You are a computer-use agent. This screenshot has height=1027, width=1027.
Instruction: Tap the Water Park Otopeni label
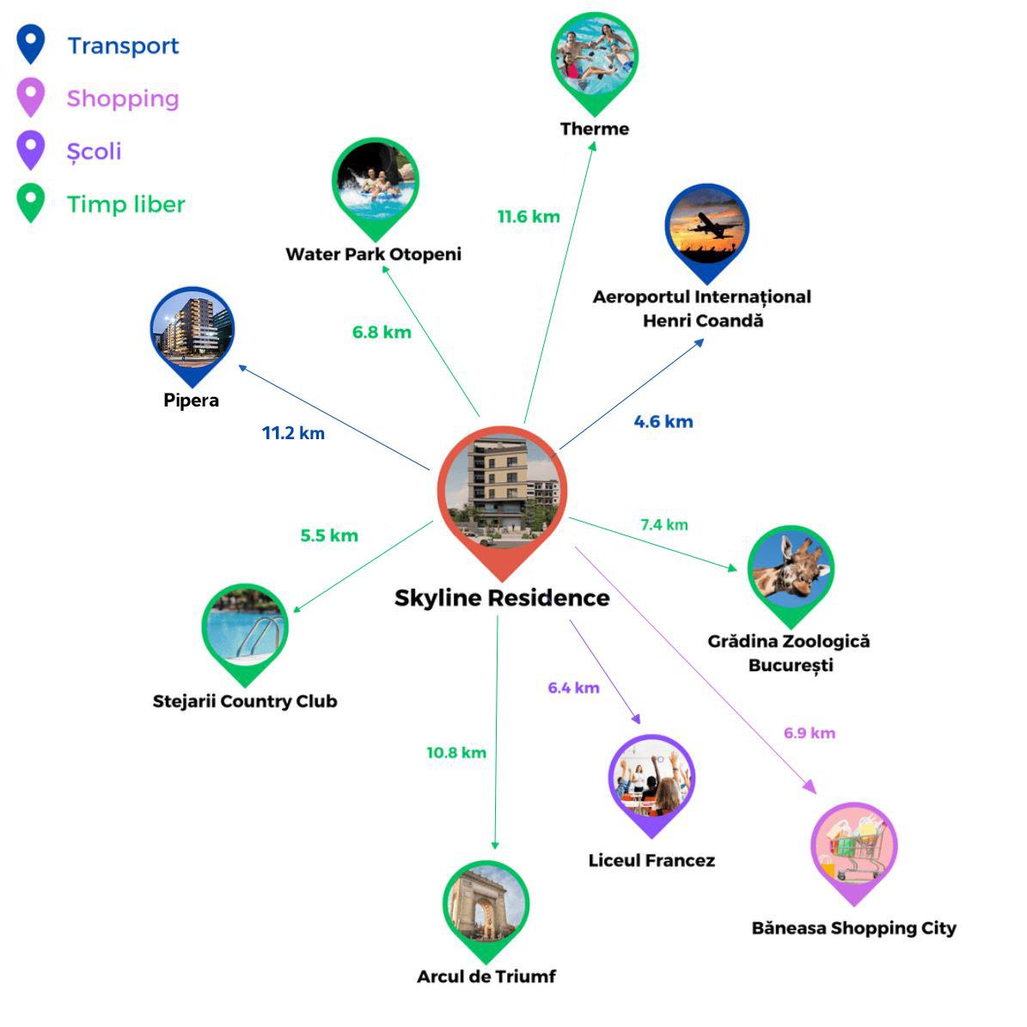373,254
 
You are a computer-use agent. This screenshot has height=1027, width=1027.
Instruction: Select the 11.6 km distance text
529,217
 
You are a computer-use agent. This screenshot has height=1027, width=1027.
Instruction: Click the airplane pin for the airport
706,228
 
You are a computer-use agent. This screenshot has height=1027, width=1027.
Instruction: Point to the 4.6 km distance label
663,422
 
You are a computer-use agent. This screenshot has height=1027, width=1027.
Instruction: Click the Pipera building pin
192,332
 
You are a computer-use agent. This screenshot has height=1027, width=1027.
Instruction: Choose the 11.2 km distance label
293,433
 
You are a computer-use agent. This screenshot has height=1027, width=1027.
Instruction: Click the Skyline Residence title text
502,598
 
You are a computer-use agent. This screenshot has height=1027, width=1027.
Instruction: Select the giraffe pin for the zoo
790,571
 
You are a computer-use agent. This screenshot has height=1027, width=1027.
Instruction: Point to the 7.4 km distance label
664,525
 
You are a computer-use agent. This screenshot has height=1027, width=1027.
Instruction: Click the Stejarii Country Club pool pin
245,629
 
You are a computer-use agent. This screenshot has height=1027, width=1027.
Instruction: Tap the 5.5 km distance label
329,535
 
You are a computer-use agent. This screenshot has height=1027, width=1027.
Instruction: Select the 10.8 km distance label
456,753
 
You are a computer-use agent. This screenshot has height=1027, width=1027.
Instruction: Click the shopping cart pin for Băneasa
853,848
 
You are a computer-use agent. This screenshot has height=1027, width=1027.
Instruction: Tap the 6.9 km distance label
810,733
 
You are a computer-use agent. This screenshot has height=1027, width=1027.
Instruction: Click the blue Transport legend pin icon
31,43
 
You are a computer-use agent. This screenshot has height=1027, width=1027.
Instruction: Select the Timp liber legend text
126,205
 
